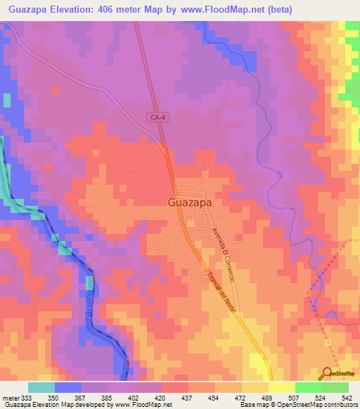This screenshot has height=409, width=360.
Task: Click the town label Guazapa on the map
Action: click(191, 202)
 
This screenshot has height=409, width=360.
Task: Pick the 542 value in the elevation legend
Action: click(346, 397)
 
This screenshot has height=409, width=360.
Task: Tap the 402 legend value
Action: click(134, 397)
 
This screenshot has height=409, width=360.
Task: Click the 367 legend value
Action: click(82, 397)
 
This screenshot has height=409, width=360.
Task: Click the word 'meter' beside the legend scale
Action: click(11, 397)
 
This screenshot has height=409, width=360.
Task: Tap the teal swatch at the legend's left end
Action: click(41, 387)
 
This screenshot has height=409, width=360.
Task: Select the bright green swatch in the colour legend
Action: click(308, 387)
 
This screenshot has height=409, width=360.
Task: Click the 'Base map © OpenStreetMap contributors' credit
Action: click(296, 405)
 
